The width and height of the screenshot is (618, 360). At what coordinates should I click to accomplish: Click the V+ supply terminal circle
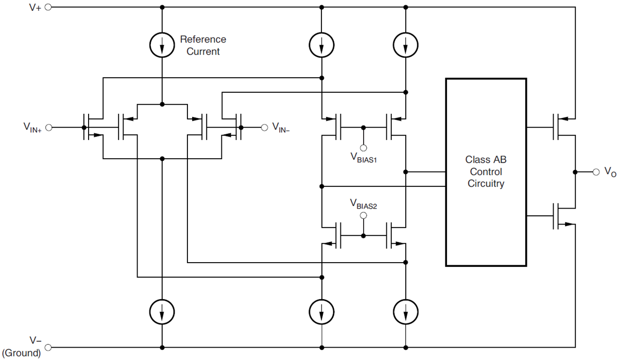coord(48,8)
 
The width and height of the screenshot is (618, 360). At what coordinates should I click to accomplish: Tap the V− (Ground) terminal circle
coord(48,347)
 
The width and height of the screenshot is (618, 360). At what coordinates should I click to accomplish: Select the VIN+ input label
coord(32,127)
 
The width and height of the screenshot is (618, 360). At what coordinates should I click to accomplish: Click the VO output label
coord(610,172)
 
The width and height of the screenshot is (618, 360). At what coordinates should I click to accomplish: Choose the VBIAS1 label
coord(364,158)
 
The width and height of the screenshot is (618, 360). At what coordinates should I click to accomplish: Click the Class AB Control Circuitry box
coord(486,172)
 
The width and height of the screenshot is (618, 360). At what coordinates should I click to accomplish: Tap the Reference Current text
coord(203,45)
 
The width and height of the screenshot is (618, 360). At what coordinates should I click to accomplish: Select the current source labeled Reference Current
coord(162,46)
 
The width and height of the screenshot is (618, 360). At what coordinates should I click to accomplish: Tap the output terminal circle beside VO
coord(596,172)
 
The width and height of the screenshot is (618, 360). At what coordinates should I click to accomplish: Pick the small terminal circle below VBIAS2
coord(364,216)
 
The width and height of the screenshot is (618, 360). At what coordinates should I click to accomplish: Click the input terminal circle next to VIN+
coord(49,127)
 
